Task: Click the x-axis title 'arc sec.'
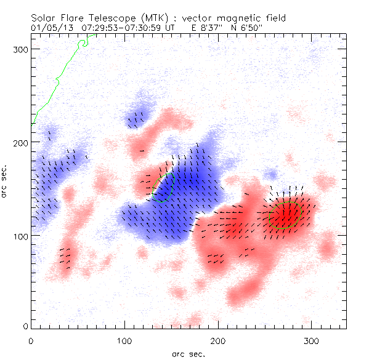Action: [x=188, y=353]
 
